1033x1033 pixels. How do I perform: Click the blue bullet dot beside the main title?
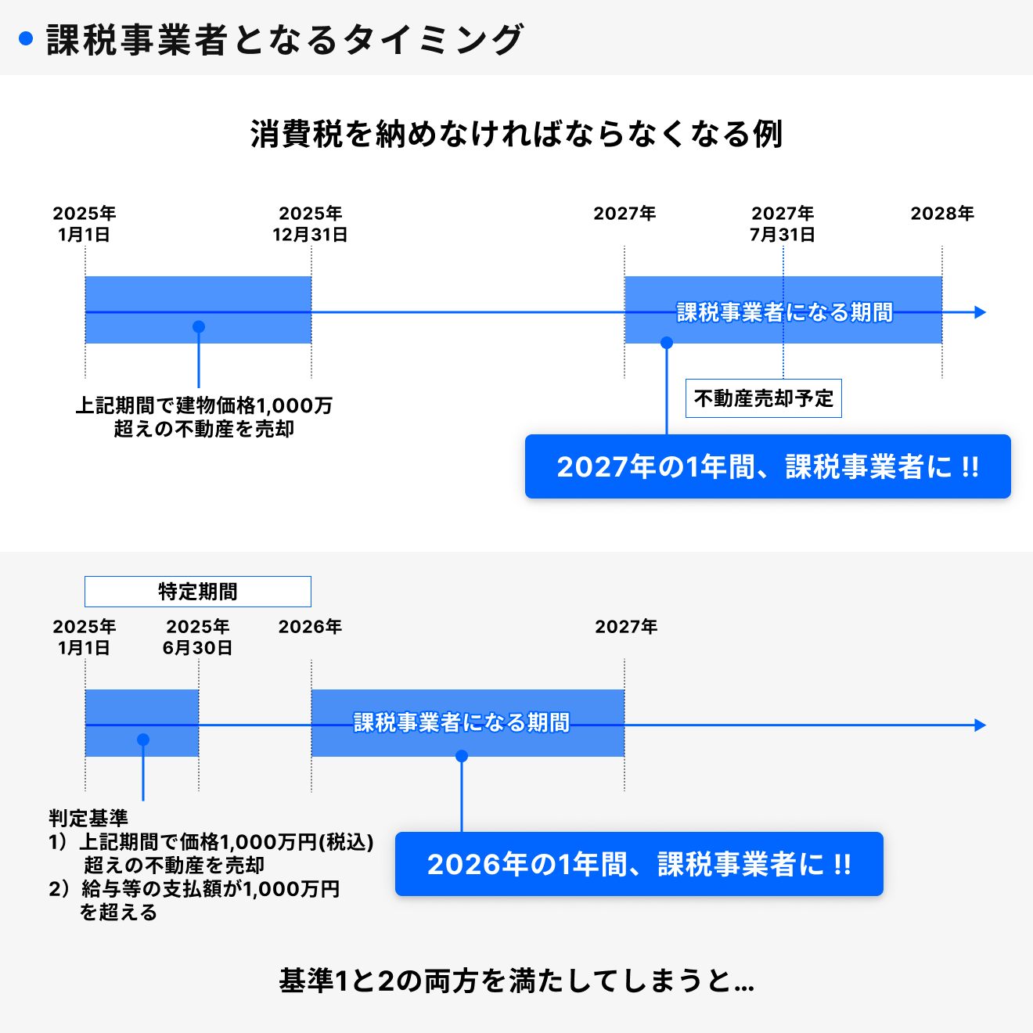[x=26, y=38]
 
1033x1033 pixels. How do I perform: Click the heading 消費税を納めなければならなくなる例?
[x=516, y=134]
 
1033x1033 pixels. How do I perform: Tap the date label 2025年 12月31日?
[x=311, y=224]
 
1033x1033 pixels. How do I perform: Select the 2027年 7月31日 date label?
[x=783, y=224]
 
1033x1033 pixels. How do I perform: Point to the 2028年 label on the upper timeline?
[x=942, y=214]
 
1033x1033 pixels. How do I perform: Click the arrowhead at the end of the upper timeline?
[x=981, y=312]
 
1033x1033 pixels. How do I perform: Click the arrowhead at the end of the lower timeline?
[x=981, y=725]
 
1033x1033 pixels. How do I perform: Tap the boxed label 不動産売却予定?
[x=764, y=398]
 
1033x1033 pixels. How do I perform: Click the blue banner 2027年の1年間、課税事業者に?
[x=768, y=467]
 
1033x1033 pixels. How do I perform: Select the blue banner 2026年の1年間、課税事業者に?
[x=639, y=865]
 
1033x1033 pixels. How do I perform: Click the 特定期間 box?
[x=198, y=592]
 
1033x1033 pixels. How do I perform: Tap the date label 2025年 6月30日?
[x=198, y=637]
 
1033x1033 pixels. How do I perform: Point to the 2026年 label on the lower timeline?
[x=311, y=627]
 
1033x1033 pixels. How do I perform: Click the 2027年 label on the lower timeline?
[x=626, y=627]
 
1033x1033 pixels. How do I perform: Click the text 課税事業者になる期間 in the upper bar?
[x=784, y=312]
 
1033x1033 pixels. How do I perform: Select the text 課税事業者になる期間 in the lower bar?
[x=462, y=722]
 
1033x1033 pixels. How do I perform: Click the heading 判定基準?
[x=88, y=819]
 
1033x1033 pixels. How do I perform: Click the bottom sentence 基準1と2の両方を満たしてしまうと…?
[x=516, y=981]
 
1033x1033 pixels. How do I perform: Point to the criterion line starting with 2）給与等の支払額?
[x=194, y=890]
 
